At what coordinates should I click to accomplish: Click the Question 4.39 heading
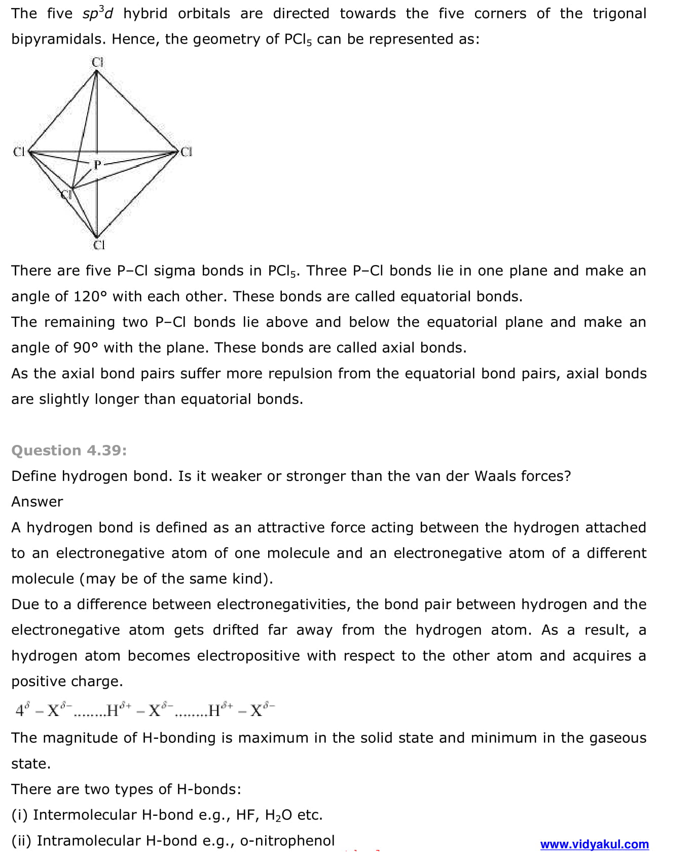[x=69, y=450]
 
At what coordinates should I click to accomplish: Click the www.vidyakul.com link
[x=594, y=844]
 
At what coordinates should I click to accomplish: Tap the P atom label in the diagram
[x=97, y=164]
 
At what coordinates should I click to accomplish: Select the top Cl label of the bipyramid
[x=97, y=62]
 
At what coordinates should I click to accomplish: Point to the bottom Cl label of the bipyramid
[x=99, y=245]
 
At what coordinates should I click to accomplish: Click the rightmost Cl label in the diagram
[x=187, y=152]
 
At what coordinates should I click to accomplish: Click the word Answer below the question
[x=37, y=502]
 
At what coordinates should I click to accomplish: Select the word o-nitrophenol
[x=287, y=840]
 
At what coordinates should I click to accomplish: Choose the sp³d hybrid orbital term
[x=98, y=14]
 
